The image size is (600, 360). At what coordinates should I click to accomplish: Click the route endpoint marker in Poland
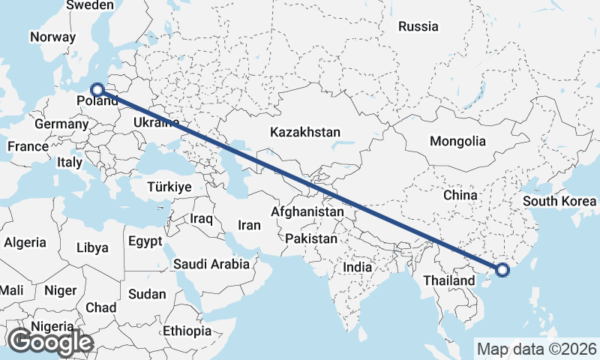point(96,89)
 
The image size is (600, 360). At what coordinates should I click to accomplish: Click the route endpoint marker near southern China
point(501,269)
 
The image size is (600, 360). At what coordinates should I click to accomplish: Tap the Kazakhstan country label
point(306,132)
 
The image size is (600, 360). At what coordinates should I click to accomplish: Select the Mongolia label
point(457,141)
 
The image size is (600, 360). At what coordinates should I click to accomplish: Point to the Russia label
point(418,26)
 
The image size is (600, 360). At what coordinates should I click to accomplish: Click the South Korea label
point(559,201)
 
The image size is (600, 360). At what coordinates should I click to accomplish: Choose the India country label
point(357,267)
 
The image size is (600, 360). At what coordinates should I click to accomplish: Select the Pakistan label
point(311,238)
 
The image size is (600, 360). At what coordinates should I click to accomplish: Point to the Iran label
point(249,225)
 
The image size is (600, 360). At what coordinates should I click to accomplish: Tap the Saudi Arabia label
point(211,264)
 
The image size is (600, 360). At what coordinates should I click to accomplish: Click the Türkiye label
point(169,187)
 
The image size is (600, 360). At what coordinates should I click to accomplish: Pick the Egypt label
point(145,241)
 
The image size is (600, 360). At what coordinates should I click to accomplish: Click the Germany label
point(61,124)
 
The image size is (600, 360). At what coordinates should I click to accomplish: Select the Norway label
point(52,36)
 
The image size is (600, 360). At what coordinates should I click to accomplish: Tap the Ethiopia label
point(187,331)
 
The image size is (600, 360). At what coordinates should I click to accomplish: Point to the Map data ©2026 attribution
point(537,349)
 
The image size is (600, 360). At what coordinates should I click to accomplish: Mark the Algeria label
point(25,243)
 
